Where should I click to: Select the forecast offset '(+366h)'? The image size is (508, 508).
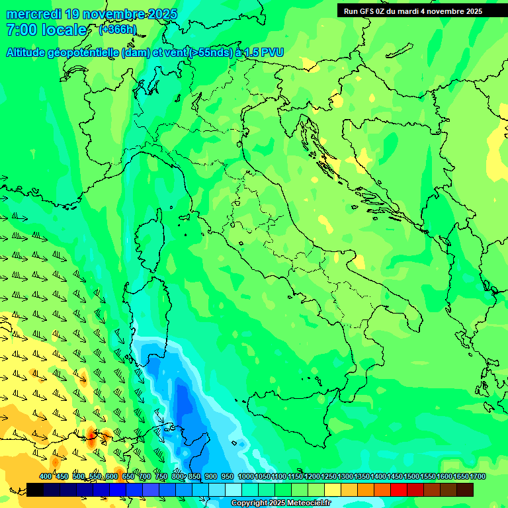(117, 30)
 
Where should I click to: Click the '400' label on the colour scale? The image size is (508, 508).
(46, 477)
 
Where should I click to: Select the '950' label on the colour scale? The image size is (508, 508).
(228, 477)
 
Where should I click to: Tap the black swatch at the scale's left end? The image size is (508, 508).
(35, 489)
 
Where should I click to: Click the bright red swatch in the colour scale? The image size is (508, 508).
(399, 489)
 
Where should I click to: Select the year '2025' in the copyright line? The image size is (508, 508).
(270, 503)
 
